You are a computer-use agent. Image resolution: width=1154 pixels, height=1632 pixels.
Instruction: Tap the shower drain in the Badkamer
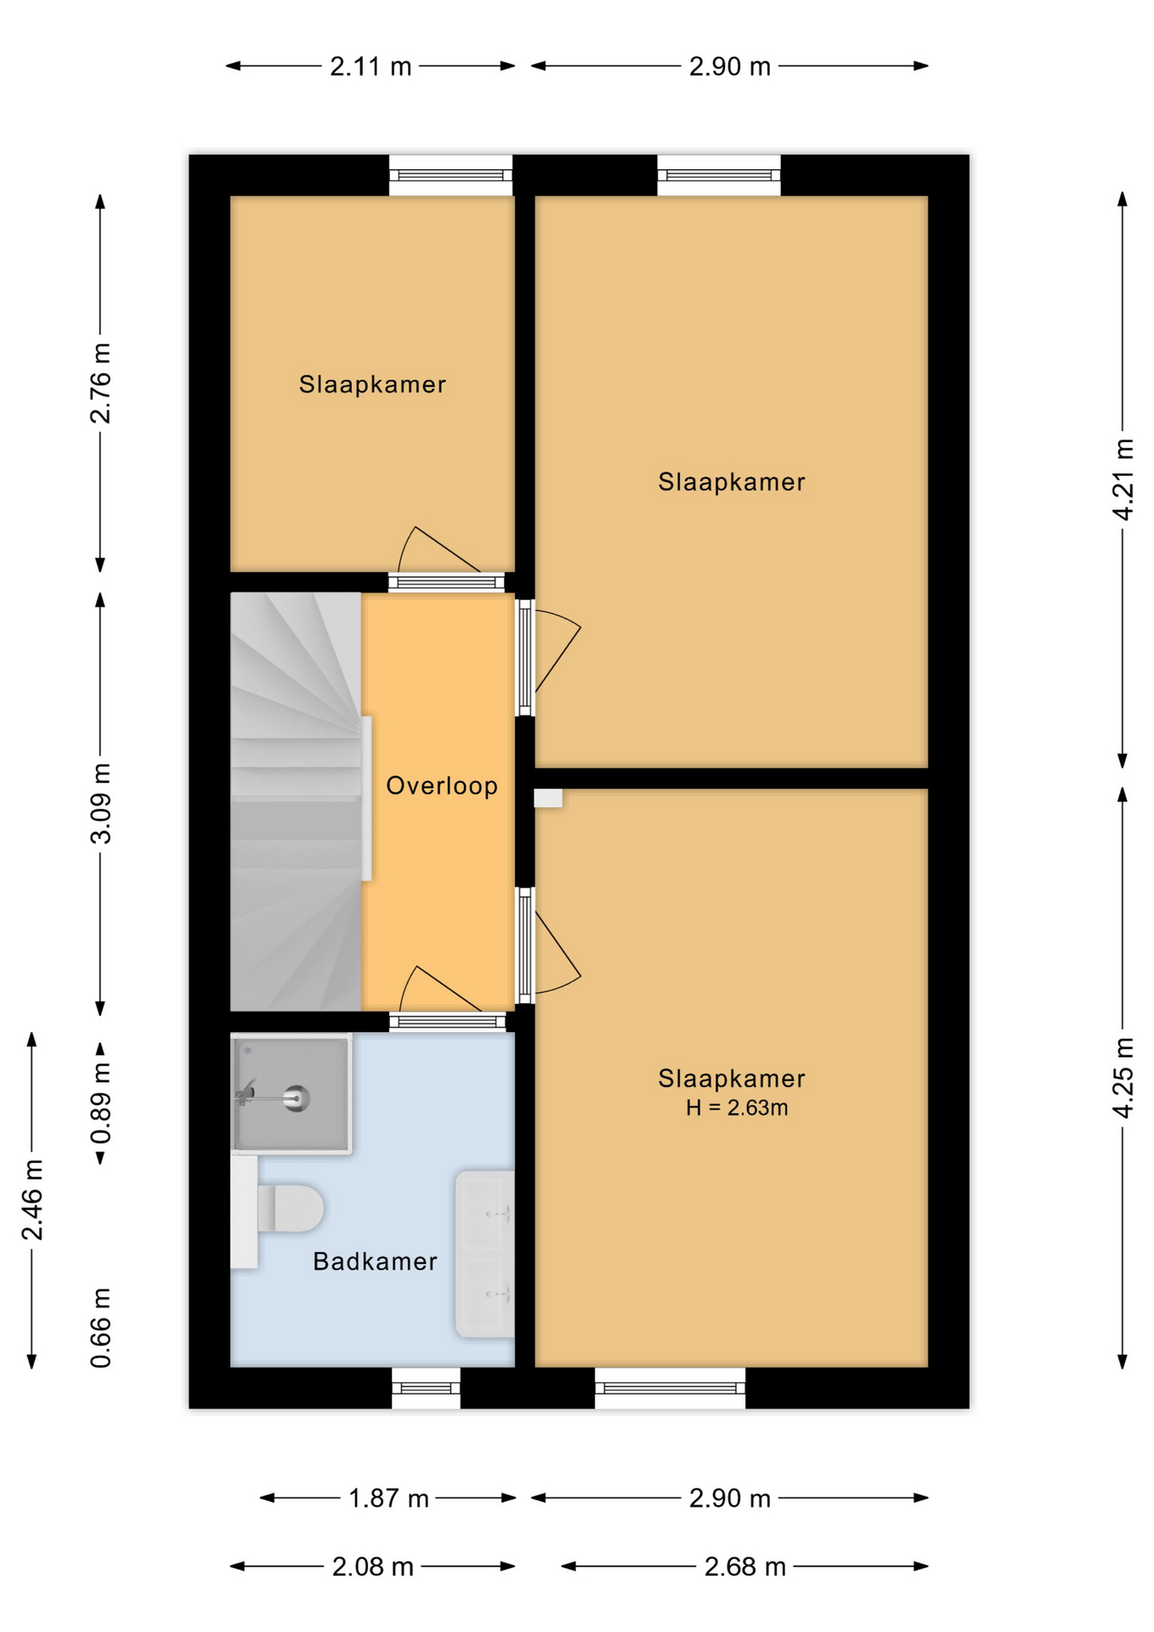tap(297, 1098)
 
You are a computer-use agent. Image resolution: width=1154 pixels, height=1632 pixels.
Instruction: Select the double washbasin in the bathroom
tap(485, 1254)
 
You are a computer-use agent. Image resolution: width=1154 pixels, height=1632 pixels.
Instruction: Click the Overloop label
tap(442, 785)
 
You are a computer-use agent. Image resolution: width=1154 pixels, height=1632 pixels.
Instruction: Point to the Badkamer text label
tap(375, 1261)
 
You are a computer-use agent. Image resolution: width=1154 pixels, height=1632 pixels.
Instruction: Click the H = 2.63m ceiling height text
tap(737, 1108)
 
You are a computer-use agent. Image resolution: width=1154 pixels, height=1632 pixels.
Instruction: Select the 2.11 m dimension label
tap(371, 66)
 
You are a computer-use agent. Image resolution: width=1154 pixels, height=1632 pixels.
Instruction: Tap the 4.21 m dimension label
tap(1123, 479)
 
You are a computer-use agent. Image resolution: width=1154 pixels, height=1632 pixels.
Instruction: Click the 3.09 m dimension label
tap(100, 803)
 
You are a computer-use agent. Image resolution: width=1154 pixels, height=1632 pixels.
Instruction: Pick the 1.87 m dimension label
tap(388, 1499)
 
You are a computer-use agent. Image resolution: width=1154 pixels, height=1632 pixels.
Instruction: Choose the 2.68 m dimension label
tap(744, 1567)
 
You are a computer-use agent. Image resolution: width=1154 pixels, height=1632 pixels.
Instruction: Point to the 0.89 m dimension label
tap(100, 1103)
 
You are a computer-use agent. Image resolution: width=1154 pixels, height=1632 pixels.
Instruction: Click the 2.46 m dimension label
tap(32, 1199)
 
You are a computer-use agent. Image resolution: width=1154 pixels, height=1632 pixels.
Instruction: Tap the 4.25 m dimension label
tap(1123, 1077)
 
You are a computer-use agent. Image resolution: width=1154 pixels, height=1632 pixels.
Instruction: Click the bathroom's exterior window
tap(426, 1387)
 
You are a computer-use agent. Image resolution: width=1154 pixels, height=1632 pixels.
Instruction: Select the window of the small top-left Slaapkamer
tap(450, 175)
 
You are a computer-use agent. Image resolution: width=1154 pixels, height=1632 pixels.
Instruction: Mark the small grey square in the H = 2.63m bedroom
tap(548, 798)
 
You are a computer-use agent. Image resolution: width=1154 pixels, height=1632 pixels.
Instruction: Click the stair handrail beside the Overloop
tap(367, 798)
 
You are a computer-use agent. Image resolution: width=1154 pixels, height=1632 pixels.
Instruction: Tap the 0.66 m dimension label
tap(100, 1328)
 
